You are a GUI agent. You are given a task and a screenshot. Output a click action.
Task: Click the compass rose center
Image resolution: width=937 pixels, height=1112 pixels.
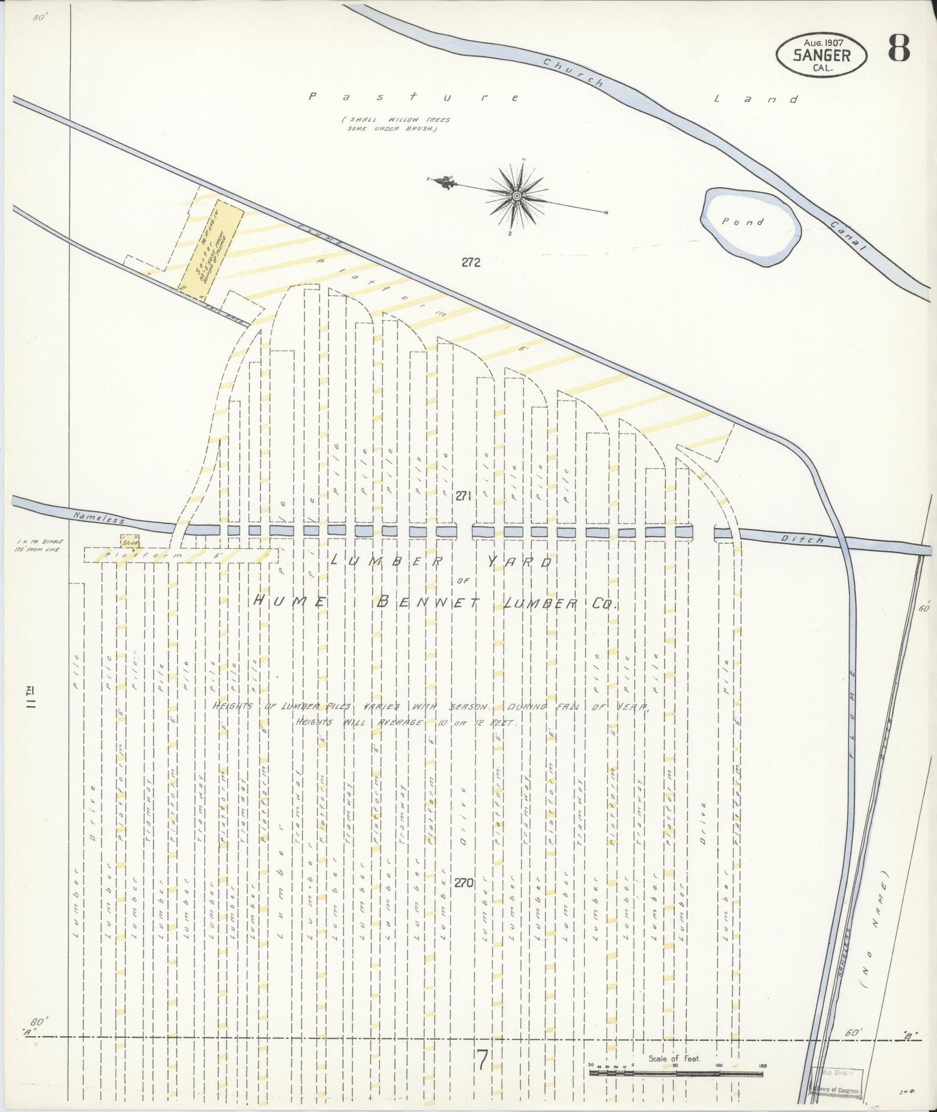click(x=517, y=195)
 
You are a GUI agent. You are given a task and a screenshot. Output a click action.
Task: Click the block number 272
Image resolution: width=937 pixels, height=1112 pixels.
click(x=471, y=263)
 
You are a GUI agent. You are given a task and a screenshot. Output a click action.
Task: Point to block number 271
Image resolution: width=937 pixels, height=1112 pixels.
click(x=462, y=496)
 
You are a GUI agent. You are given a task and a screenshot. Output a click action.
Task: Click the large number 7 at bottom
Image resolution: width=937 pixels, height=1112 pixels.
click(x=481, y=1059)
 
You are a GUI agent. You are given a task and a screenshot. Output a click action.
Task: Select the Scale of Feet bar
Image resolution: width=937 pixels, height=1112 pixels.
click(x=676, y=1074)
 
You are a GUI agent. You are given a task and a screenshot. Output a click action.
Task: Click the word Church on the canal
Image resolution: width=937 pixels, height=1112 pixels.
click(x=573, y=73)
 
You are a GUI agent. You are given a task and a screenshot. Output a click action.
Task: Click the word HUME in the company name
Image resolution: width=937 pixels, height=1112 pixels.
click(x=288, y=601)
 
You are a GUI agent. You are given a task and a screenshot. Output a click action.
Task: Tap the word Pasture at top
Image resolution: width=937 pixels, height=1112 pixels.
click(x=414, y=97)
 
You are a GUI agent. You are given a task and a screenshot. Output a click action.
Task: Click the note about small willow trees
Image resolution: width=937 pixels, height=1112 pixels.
click(x=397, y=124)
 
